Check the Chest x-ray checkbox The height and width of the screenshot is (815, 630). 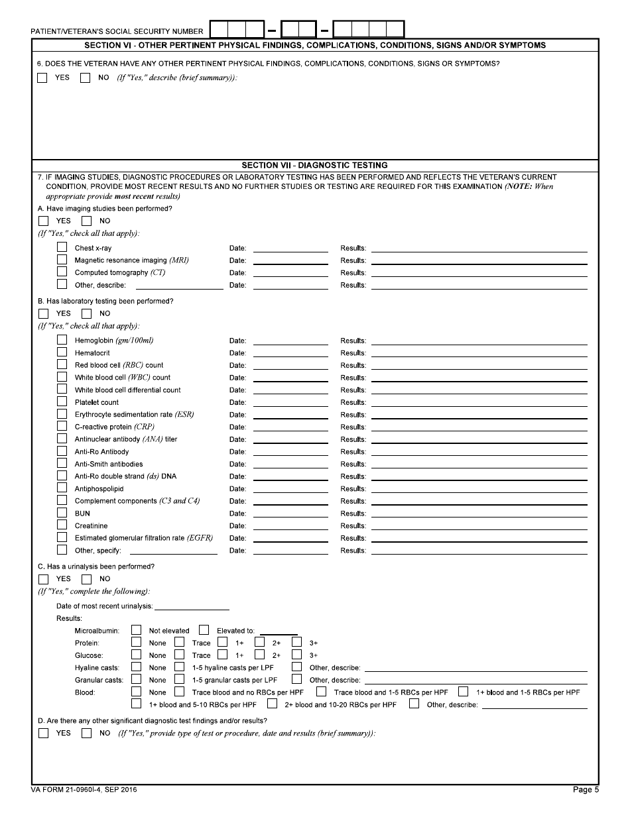click(x=62, y=247)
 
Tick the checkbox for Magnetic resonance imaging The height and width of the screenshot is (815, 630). click(x=62, y=260)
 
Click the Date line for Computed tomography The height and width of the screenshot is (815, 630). click(x=290, y=272)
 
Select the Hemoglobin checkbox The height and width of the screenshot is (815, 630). click(x=62, y=339)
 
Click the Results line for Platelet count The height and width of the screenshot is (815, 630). click(x=479, y=402)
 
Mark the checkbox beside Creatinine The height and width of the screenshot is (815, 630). click(x=62, y=525)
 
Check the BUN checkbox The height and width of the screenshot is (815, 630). click(x=62, y=512)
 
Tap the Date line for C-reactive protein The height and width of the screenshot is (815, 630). click(x=290, y=427)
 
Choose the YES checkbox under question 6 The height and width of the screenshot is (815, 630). click(x=43, y=78)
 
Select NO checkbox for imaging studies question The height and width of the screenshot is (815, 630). click(x=87, y=221)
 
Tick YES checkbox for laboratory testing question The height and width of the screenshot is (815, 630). click(x=43, y=313)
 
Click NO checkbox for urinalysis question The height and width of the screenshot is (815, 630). click(x=87, y=578)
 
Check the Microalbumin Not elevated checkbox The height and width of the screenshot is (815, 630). click(x=136, y=630)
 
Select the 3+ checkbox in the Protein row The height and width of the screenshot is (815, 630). click(x=296, y=642)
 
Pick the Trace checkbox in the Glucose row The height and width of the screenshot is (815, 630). click(x=179, y=655)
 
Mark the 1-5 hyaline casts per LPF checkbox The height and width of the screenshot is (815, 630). click(x=179, y=667)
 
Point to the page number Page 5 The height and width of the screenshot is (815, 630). click(x=586, y=790)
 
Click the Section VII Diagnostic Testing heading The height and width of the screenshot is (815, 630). click(x=314, y=165)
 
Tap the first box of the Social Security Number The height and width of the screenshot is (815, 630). click(x=220, y=30)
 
